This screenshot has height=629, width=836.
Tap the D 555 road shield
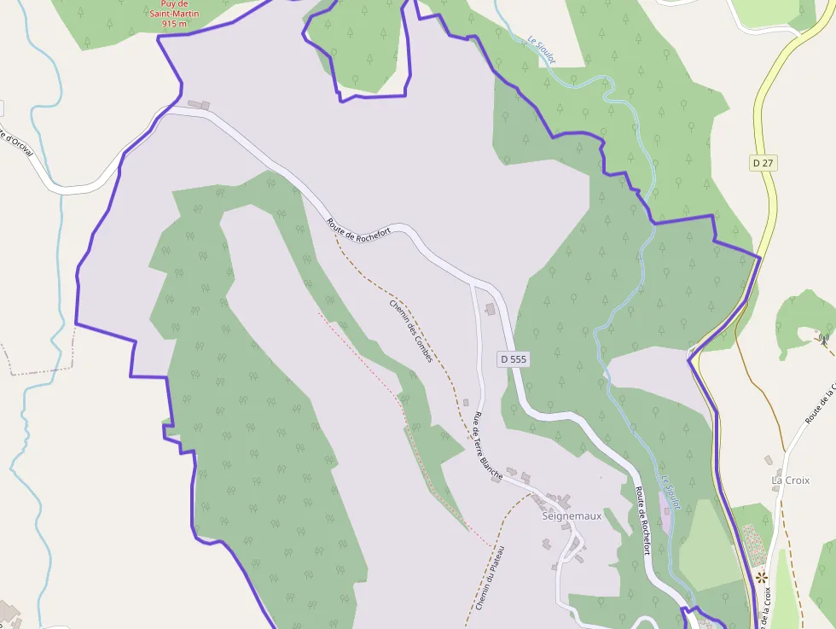pyautogui.click(x=514, y=359)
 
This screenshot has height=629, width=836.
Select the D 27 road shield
pyautogui.click(x=762, y=162)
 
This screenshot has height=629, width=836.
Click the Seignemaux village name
pyautogui.click(x=572, y=515)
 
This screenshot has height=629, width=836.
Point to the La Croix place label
pyautogui.click(x=790, y=480)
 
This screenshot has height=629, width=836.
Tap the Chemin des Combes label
pyautogui.click(x=411, y=331)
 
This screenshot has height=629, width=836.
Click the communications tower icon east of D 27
pyautogui.click(x=823, y=338)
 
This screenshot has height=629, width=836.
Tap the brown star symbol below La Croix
pyautogui.click(x=761, y=578)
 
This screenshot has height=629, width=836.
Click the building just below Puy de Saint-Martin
pyautogui.click(x=199, y=105)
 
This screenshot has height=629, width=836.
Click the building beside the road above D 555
pyautogui.click(x=490, y=308)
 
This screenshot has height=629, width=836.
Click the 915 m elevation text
pyautogui.click(x=174, y=24)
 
